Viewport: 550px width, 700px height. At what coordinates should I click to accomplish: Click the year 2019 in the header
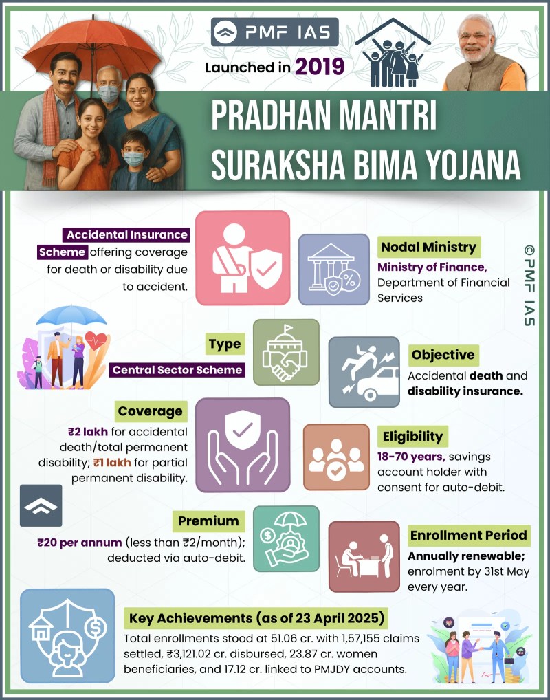coord(319,67)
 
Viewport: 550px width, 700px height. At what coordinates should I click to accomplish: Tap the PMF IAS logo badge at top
coord(274,32)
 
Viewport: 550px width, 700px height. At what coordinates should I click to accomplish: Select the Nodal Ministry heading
coord(428,247)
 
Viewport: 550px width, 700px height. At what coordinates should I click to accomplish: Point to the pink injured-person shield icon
coord(243,258)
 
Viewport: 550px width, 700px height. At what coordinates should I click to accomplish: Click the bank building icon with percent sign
coord(334,269)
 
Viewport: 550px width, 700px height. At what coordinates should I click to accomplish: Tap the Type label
coord(225,344)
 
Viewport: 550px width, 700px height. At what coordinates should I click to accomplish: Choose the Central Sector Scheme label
coord(177,370)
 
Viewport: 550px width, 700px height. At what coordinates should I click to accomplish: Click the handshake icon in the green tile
coord(286,352)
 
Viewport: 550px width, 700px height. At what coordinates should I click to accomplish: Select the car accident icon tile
coord(364,372)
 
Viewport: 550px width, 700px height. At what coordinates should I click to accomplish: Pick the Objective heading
coord(443,355)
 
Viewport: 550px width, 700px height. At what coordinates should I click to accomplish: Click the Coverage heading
coord(151,411)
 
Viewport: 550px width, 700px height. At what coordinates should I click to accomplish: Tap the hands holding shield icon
coord(243,445)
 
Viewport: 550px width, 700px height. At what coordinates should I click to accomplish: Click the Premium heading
coord(208,521)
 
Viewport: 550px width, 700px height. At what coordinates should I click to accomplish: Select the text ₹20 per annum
coord(80,543)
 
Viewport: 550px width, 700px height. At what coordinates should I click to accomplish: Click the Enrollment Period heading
coord(469,535)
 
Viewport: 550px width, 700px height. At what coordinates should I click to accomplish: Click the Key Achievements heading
coord(256,618)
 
